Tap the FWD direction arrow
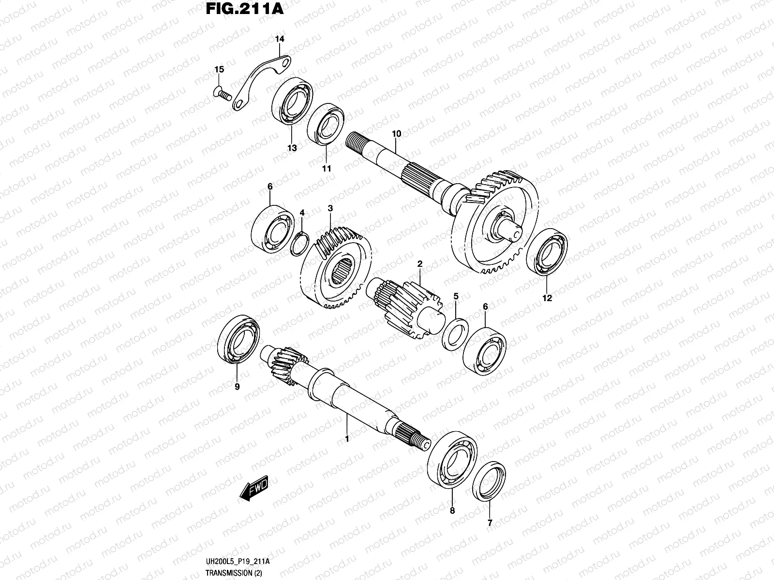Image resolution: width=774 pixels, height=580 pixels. point(253,489)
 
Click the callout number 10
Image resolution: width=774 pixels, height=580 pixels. point(397,133)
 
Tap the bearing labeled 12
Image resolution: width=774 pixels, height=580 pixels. point(547,251)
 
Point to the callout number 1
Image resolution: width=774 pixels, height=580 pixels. point(346,438)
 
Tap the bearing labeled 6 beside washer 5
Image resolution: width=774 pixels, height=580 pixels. point(485,351)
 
